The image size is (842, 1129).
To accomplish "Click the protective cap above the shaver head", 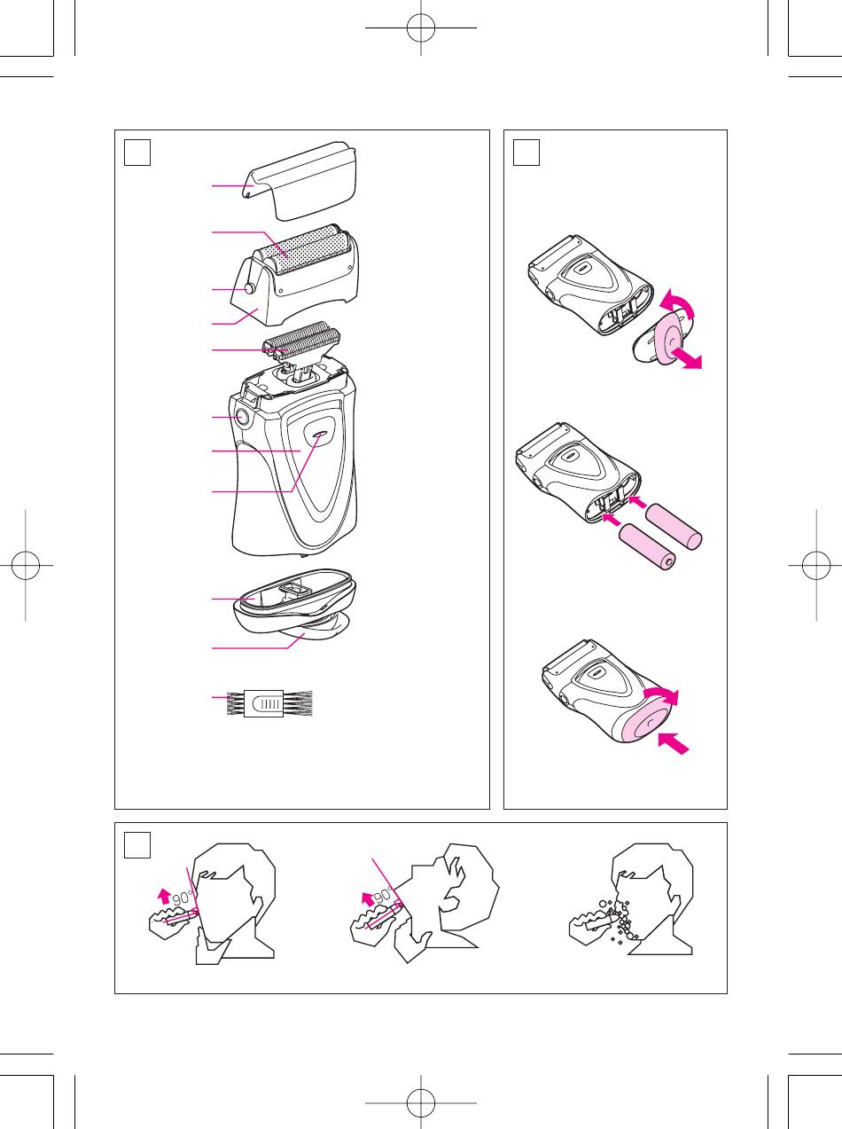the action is pyautogui.click(x=300, y=180).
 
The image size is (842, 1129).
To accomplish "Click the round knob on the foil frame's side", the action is pyautogui.click(x=250, y=288).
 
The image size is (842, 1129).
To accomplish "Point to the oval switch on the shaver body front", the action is pyautogui.click(x=319, y=435).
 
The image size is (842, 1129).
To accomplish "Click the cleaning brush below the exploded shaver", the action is pyautogui.click(x=269, y=703).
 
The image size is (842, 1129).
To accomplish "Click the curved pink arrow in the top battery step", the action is pyautogui.click(x=679, y=304).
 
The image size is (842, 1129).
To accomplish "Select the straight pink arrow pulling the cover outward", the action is pyautogui.click(x=686, y=357).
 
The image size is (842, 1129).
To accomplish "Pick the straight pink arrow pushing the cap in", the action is pyautogui.click(x=674, y=744).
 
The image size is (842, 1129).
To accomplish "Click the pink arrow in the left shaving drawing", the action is pyautogui.click(x=164, y=896).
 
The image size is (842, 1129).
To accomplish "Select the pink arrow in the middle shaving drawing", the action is pyautogui.click(x=368, y=899).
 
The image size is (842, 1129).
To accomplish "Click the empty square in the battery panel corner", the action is pyautogui.click(x=526, y=153).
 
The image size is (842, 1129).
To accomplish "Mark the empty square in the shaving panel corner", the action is pyautogui.click(x=137, y=845).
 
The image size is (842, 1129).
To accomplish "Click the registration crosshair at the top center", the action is pyautogui.click(x=421, y=27).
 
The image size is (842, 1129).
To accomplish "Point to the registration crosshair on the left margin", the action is pyautogui.click(x=25, y=565).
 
